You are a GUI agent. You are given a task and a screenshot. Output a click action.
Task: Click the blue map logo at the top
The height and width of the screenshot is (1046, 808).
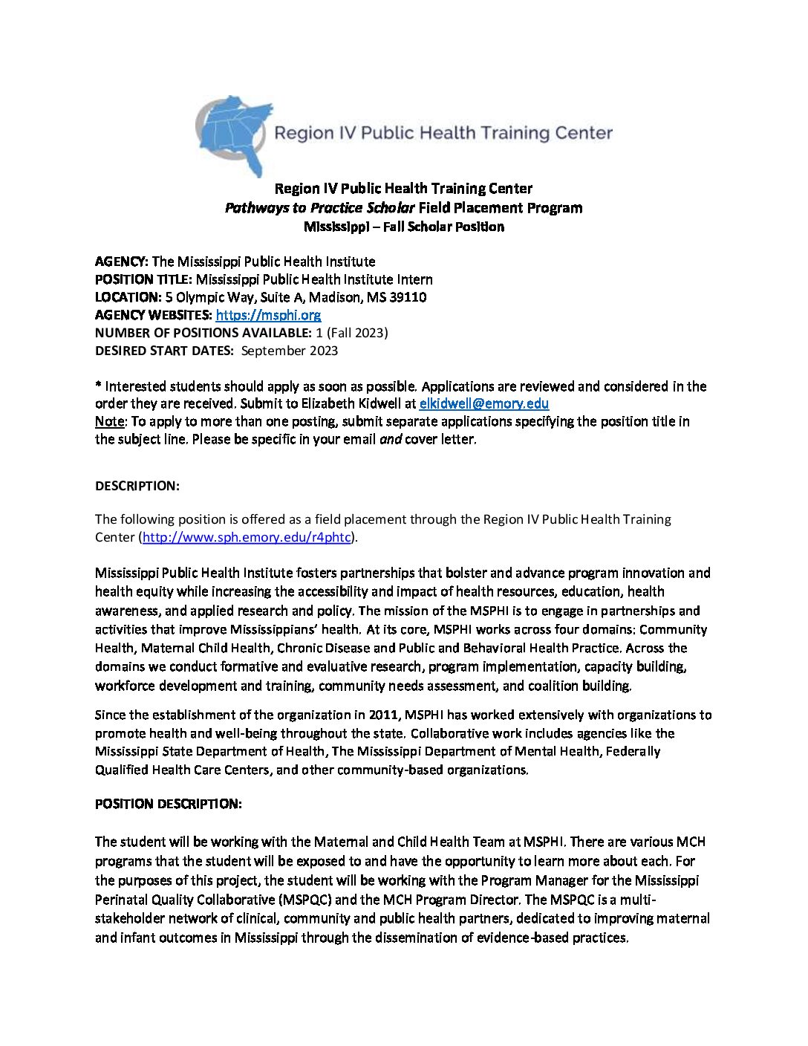232,134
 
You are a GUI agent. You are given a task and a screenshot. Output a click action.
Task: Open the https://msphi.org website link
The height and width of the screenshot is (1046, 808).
268,315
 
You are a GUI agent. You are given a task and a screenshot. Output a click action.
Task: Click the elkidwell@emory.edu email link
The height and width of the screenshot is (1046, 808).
483,404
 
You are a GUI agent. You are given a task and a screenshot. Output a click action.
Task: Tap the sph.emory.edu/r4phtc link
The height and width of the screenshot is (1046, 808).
246,537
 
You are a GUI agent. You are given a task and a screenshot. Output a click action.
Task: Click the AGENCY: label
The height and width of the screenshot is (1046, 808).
122,261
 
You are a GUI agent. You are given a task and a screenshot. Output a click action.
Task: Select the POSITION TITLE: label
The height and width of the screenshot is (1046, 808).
143,279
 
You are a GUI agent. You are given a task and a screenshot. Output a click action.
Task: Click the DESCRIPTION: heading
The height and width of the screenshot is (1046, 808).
137,486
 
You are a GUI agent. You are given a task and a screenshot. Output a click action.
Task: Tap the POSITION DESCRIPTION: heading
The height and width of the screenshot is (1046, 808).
169,804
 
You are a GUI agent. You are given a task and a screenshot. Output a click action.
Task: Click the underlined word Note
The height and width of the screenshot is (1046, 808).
109,422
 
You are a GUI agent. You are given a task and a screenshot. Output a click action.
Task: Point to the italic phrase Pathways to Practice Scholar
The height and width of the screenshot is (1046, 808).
319,208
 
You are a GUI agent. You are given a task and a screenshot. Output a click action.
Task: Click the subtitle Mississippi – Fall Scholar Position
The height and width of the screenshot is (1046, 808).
404,227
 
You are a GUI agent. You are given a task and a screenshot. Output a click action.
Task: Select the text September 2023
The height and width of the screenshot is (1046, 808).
290,351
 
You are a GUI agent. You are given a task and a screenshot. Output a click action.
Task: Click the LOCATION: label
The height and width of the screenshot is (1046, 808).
128,297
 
